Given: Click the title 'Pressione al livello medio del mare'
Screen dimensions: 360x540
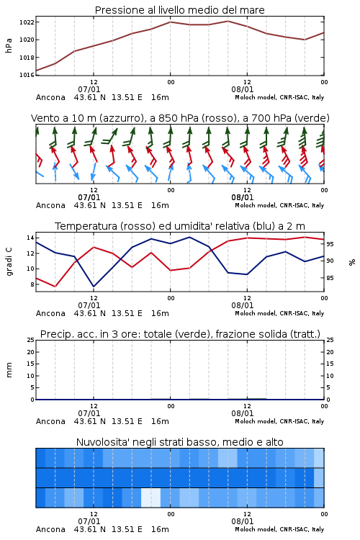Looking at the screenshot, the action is tap(179, 10).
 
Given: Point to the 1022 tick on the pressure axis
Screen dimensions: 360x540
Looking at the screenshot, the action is tap(27, 22).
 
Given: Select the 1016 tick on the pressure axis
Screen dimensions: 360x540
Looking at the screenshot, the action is tap(27, 75).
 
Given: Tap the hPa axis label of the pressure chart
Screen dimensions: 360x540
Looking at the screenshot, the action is tap(9, 45).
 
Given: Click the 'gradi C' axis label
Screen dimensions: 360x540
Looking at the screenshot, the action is tap(9, 262).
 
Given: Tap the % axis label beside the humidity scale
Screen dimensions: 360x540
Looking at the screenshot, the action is tap(352, 262).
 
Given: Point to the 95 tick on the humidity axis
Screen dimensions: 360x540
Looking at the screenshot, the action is tap(330, 244).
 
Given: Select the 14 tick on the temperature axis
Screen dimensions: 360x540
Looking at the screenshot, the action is tap(30, 238).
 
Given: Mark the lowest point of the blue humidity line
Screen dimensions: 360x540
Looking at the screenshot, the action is tap(94, 287).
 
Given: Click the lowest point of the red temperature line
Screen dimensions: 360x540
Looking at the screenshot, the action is tap(55, 287).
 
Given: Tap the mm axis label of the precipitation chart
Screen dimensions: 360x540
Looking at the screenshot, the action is tap(9, 370).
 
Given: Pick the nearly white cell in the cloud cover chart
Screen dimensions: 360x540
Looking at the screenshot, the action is tap(151, 498).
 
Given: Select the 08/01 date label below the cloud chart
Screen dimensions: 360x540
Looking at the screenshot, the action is tap(243, 521).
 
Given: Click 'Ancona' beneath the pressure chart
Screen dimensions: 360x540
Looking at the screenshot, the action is tap(50, 97).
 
